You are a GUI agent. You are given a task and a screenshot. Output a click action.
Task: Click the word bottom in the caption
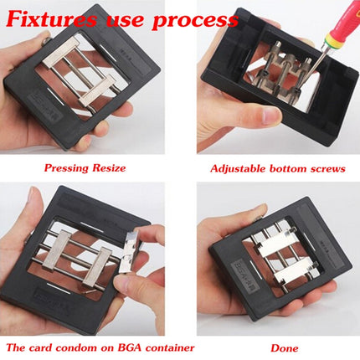(288, 167)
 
